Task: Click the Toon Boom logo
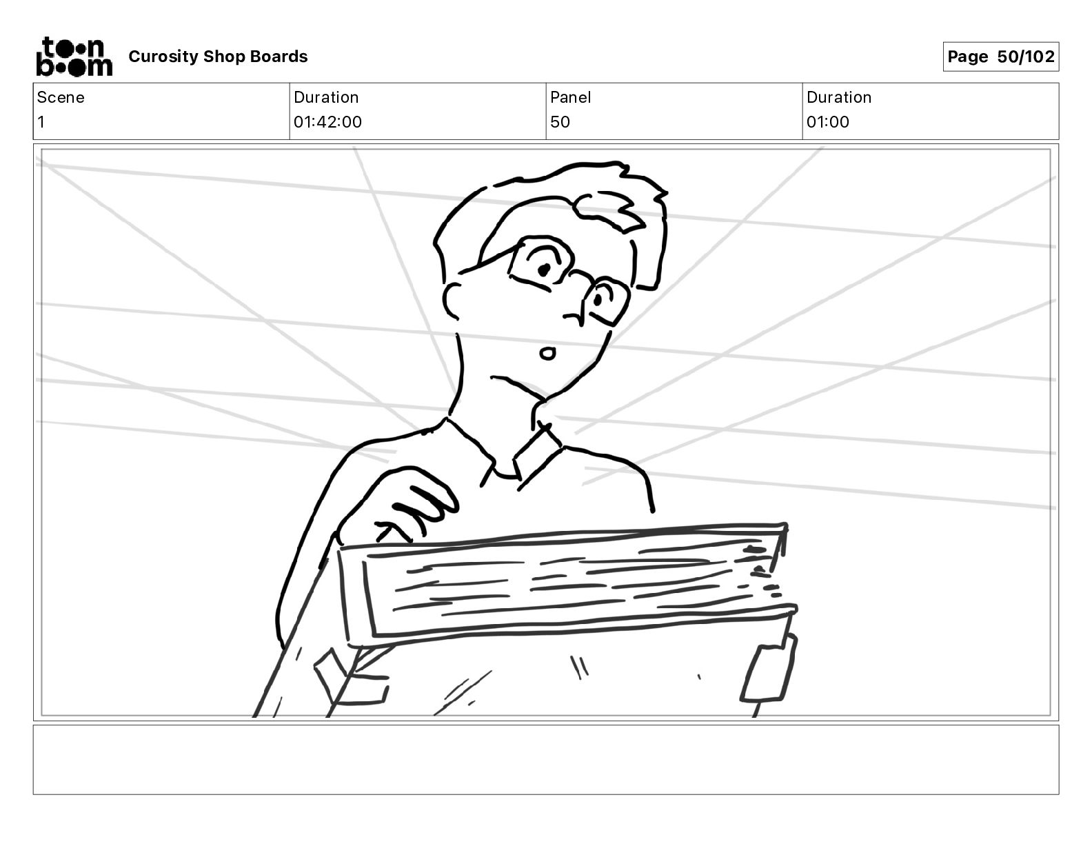coord(74,57)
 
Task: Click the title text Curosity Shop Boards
coord(218,57)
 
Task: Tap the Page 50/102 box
coord(1000,57)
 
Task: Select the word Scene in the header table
coord(61,97)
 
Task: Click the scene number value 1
coord(41,122)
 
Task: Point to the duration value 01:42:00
coord(327,122)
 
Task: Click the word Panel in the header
coord(570,97)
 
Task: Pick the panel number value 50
coord(560,122)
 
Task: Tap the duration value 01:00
coord(827,122)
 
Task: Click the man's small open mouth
coord(547,354)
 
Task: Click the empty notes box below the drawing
coord(545,759)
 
